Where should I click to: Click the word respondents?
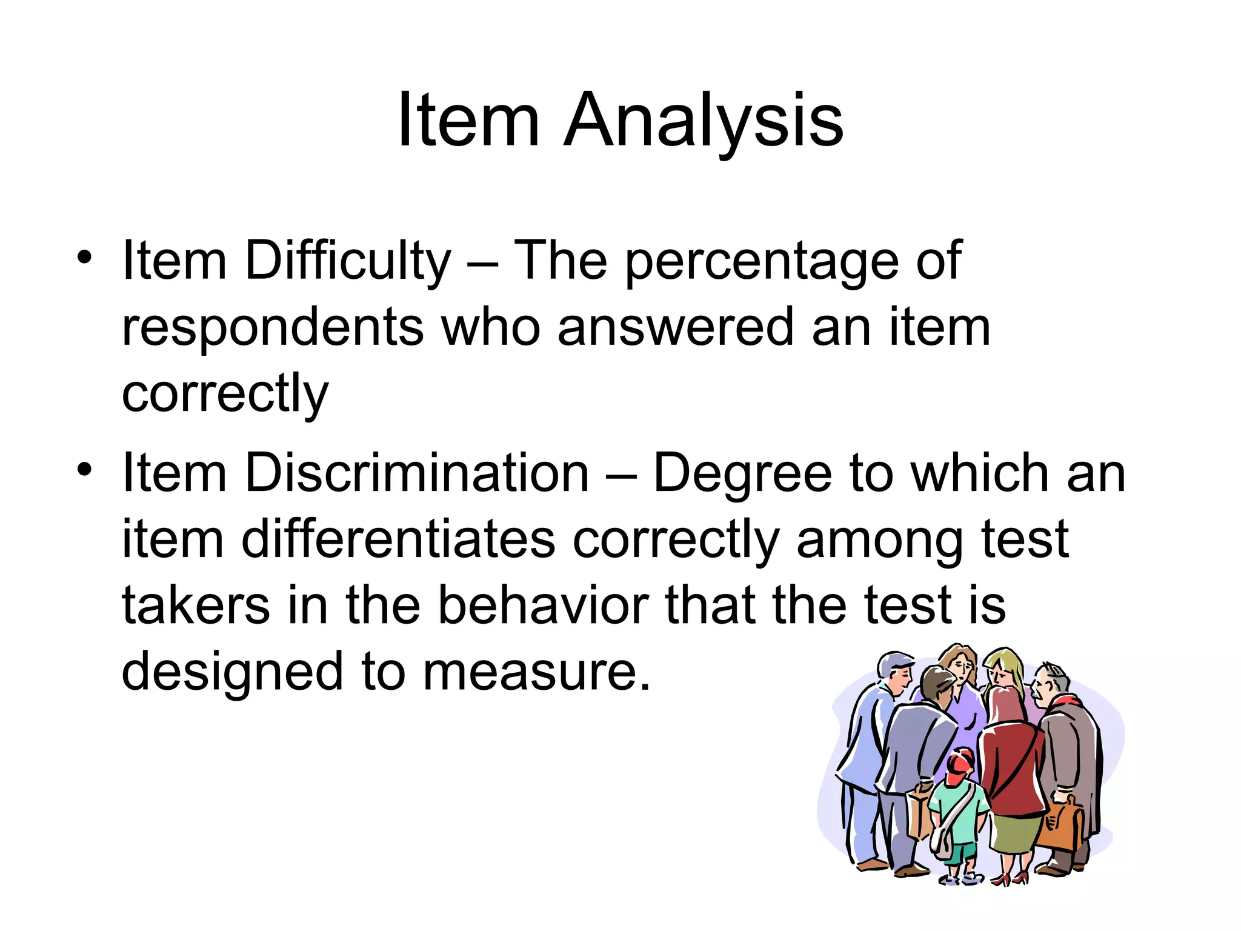pos(273,328)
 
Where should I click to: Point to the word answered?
pos(675,328)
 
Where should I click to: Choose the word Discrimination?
pos(417,473)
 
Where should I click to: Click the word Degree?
pos(742,473)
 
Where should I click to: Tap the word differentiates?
pos(398,539)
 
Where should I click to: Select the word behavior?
pos(543,606)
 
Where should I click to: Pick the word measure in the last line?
pos(537,672)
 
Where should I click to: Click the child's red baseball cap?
pos(960,766)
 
